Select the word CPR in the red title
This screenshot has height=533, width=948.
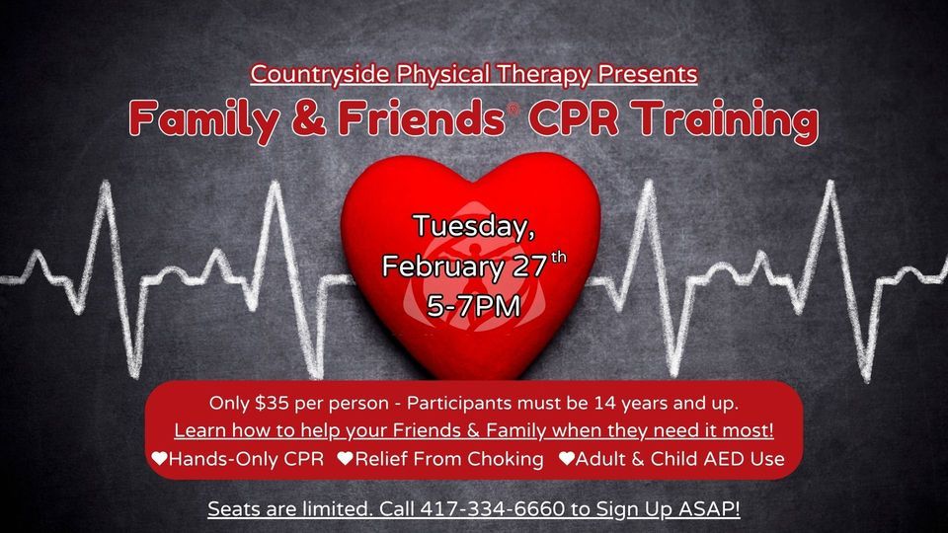click(x=567, y=120)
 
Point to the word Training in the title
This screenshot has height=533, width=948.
click(x=722, y=120)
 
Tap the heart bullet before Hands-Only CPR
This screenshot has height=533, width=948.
click(x=159, y=459)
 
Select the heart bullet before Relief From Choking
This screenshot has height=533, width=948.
click(x=345, y=459)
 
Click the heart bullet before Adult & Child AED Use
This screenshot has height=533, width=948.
click(x=566, y=459)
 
